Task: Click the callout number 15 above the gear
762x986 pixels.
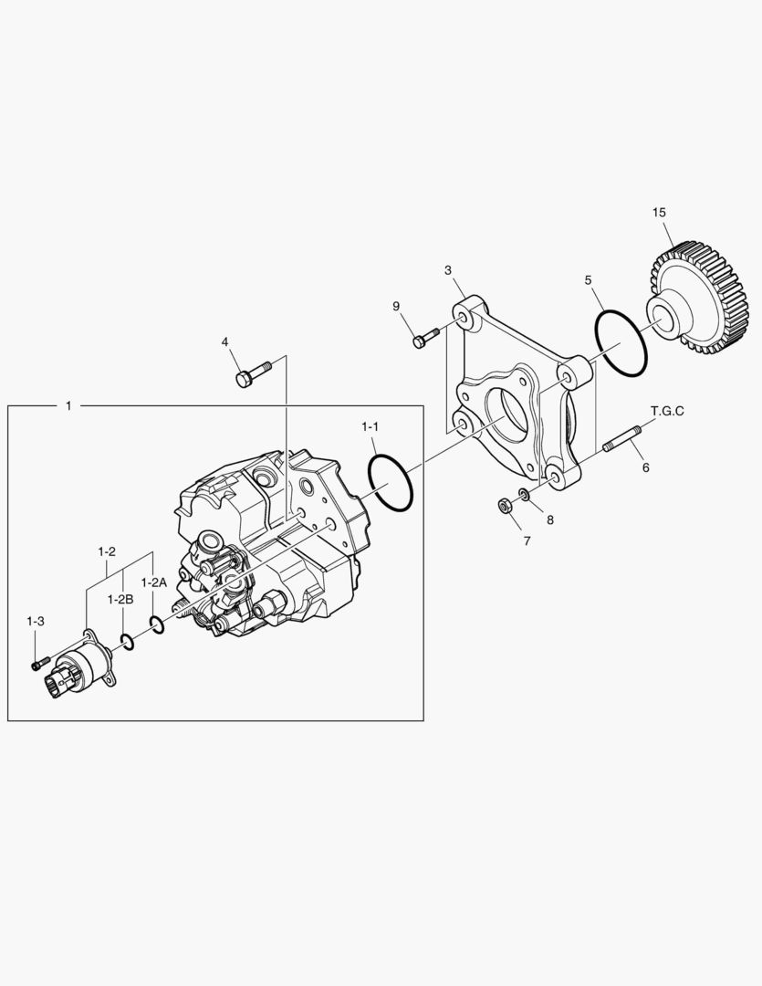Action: [x=659, y=213]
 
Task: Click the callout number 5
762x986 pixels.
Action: [x=589, y=279]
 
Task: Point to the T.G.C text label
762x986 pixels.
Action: [x=667, y=411]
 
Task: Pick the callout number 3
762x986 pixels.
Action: [x=448, y=270]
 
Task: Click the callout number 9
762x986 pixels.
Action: [x=397, y=306]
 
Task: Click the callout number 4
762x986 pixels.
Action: [x=224, y=342]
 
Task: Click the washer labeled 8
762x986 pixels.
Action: [x=524, y=495]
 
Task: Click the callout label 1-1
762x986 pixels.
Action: [x=370, y=426]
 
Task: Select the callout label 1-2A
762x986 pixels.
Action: [x=153, y=582]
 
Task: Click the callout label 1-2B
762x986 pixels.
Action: [x=120, y=599]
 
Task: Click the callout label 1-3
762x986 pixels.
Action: [x=35, y=621]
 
